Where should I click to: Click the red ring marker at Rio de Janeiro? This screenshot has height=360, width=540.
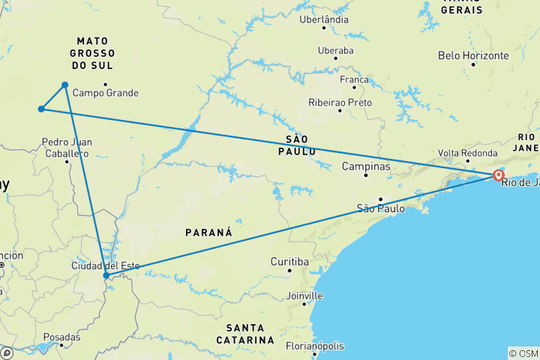pyautogui.click(x=498, y=175)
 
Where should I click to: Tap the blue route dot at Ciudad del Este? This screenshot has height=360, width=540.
pyautogui.click(x=106, y=275)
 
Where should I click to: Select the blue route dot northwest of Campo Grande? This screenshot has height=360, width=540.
pyautogui.click(x=65, y=85)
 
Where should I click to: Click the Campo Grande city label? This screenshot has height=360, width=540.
pyautogui.click(x=106, y=93)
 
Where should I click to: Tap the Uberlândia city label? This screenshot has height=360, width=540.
pyautogui.click(x=323, y=19)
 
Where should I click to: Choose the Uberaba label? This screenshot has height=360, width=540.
pyautogui.click(x=334, y=50)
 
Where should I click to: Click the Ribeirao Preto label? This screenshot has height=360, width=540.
pyautogui.click(x=340, y=102)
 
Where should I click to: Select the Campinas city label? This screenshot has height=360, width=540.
pyautogui.click(x=366, y=166)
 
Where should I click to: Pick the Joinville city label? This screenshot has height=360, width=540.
pyautogui.click(x=304, y=295)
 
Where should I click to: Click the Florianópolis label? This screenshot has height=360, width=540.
pyautogui.click(x=314, y=346)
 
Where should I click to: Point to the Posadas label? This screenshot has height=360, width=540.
pyautogui.click(x=61, y=337)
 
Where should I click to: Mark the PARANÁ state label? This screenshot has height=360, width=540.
pyautogui.click(x=208, y=232)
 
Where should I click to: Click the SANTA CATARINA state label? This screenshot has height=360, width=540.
pyautogui.click(x=244, y=334)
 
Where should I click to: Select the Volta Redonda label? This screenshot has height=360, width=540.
pyautogui.click(x=469, y=153)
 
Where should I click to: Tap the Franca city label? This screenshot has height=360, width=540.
pyautogui.click(x=354, y=79)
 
